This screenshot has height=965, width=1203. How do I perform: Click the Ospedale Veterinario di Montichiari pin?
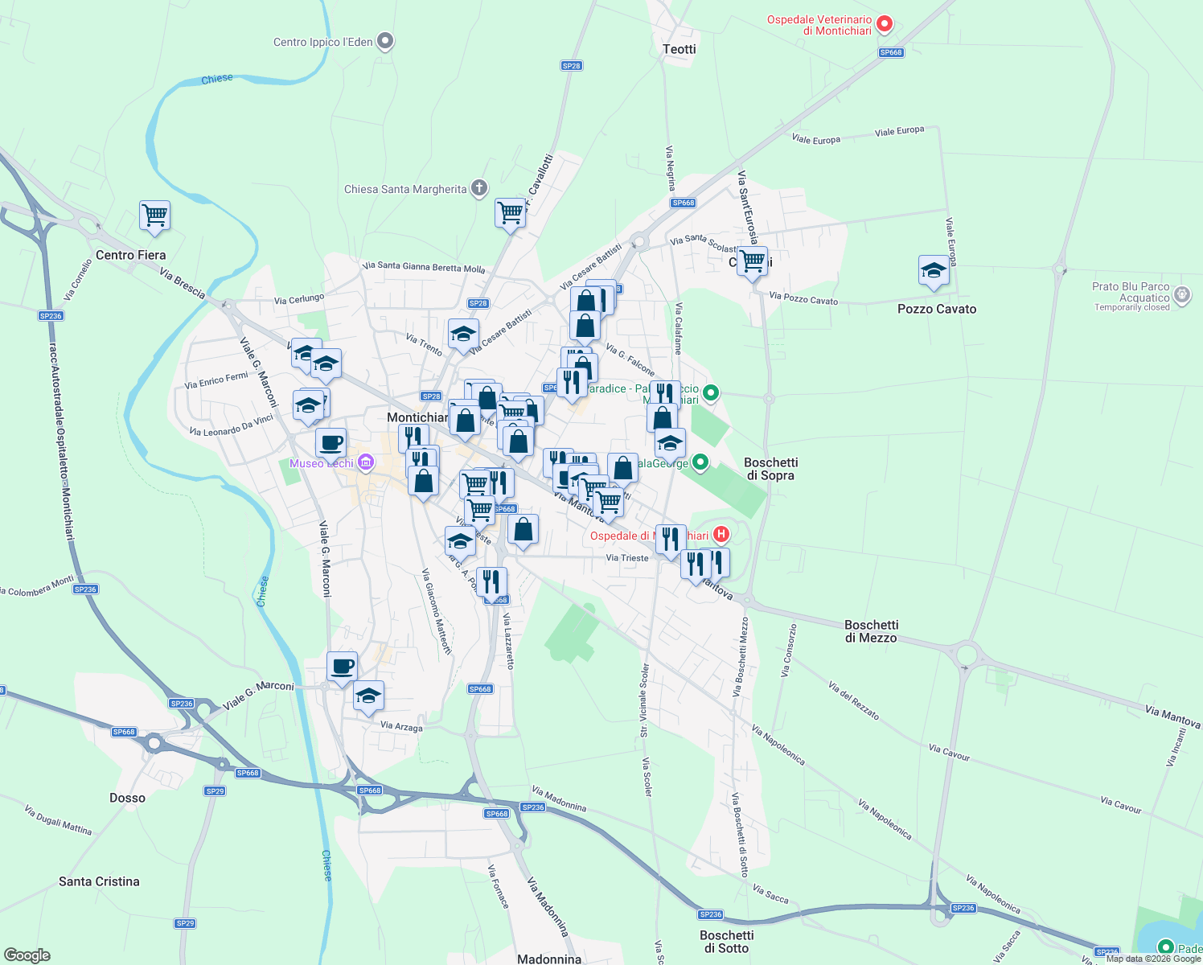[x=885, y=24]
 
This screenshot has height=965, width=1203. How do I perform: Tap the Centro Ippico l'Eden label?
[x=322, y=42]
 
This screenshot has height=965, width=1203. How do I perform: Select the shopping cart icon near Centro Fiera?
[x=154, y=216]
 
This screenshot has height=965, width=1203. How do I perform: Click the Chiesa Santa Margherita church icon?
[x=479, y=189]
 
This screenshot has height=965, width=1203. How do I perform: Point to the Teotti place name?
[x=680, y=49]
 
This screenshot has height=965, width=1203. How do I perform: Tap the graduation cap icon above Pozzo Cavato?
[x=934, y=271]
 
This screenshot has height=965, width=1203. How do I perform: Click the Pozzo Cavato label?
[x=937, y=309]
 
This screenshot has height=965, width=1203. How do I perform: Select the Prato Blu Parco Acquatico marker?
[x=1182, y=294]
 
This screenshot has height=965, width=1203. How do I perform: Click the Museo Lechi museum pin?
[x=366, y=462]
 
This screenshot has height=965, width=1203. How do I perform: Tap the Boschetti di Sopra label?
[x=770, y=469]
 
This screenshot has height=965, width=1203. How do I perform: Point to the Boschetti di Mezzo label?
[x=871, y=631]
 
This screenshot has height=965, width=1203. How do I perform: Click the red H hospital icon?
[x=721, y=534]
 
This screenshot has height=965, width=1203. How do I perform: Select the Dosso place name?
[x=127, y=798]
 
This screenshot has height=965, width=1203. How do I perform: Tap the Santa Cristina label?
[x=99, y=881]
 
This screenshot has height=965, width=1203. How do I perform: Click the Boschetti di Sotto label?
[x=726, y=942]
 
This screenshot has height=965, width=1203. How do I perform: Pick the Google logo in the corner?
[x=27, y=955]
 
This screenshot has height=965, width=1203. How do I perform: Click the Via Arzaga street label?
[x=401, y=726]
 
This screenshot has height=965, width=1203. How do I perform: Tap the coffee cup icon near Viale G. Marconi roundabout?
[x=342, y=667]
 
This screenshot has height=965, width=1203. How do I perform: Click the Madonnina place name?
[x=549, y=959]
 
